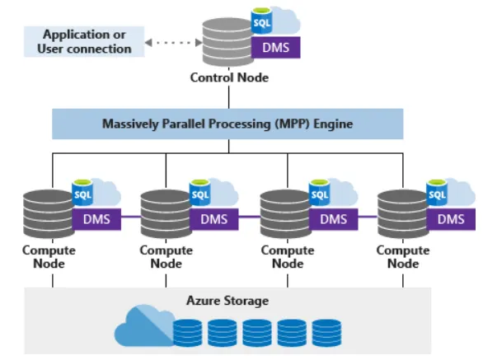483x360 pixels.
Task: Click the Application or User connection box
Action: (84, 41)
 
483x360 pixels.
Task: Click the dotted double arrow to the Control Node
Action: (173, 43)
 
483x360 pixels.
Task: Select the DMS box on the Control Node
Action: (275, 48)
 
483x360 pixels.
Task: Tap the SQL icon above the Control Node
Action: (261, 21)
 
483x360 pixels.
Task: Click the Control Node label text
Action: (229, 77)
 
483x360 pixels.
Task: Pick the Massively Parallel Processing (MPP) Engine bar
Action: (227, 124)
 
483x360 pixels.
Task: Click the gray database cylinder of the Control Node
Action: (227, 42)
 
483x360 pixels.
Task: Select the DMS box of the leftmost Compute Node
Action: (96, 219)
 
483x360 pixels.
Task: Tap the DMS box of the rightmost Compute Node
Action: (451, 219)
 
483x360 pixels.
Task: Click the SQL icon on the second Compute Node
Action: (200, 193)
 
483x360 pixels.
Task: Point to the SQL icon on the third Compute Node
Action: (320, 193)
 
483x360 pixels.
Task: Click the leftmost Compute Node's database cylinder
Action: (48, 214)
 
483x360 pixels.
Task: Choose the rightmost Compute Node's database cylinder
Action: (402, 214)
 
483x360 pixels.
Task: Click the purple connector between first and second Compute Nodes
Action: (131, 217)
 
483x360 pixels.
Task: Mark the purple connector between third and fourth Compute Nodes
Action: (368, 217)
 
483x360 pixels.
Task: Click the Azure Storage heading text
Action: (227, 301)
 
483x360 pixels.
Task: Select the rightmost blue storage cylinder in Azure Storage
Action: (326, 333)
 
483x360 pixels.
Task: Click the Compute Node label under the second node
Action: (166, 257)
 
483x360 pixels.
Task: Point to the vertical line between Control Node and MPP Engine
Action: (228, 97)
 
